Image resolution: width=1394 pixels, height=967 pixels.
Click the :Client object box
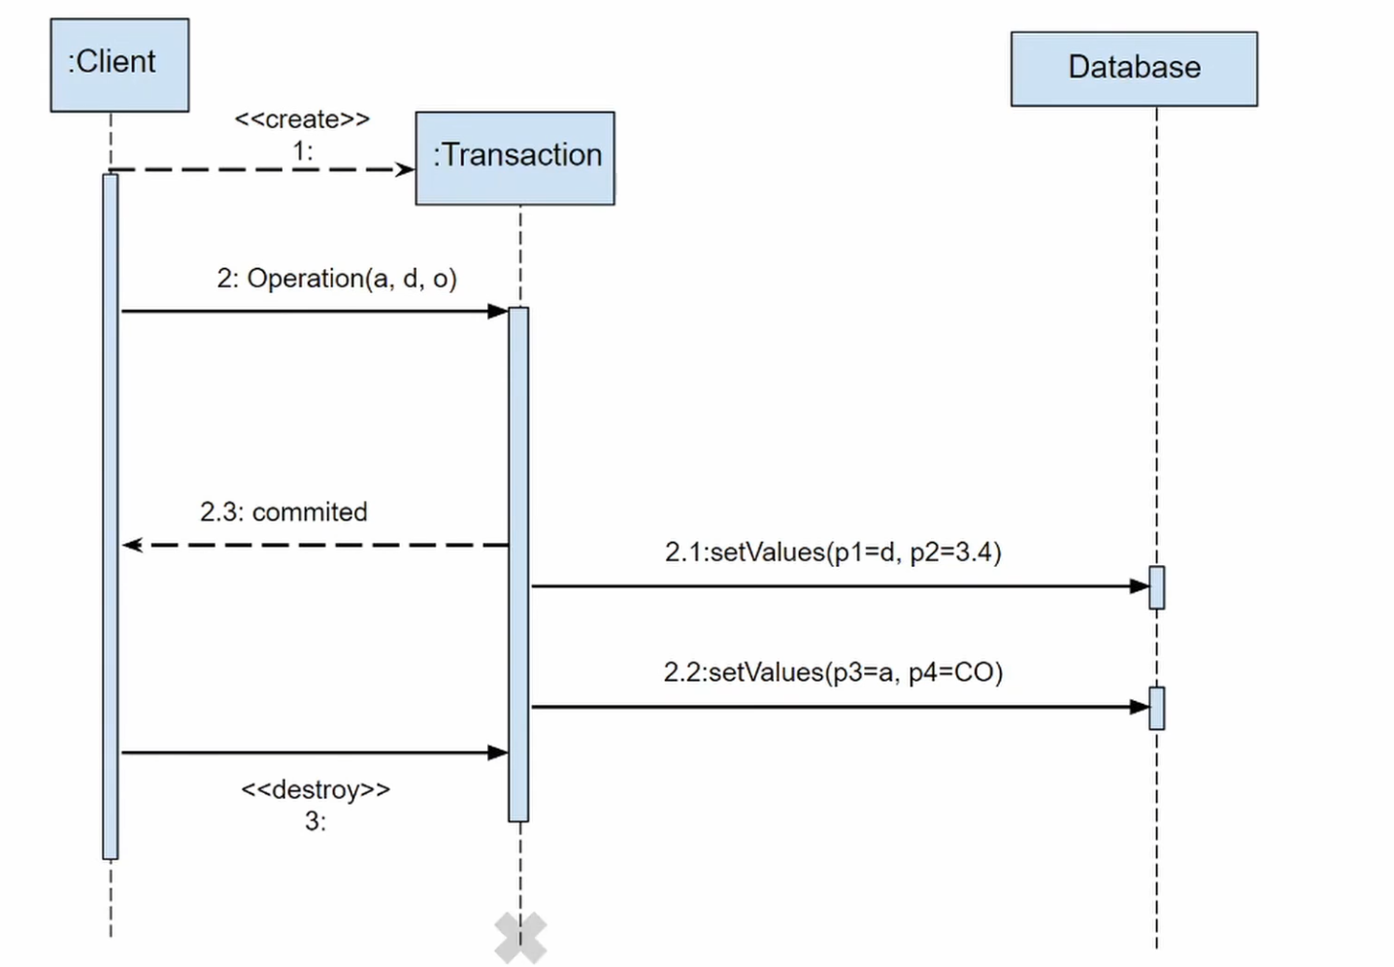pos(119,64)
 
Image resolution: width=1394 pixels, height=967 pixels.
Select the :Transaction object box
pos(514,157)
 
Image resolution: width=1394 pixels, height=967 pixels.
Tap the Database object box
pos(1133,68)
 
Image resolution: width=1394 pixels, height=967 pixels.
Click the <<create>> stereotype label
pos(302,119)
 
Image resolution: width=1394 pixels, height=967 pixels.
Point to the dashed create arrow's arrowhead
pos(405,170)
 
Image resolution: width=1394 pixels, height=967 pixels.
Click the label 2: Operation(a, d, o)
pos(336,279)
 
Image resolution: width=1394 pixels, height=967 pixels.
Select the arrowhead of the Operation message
pos(498,312)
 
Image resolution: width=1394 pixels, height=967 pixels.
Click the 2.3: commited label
pos(283,512)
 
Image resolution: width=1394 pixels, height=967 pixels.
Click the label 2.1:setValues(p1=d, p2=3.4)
pos(832,552)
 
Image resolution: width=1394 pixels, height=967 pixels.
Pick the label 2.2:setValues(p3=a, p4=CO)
pos(832,672)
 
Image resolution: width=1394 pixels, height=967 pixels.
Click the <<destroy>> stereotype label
pos(315,789)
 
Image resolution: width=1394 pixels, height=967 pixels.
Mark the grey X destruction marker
pos(520,938)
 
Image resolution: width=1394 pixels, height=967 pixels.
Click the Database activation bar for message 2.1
pos(1156,587)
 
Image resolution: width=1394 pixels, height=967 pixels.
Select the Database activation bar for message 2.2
pos(1156,708)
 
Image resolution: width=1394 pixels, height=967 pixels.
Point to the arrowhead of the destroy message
pos(498,752)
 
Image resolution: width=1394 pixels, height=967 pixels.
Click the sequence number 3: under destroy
pos(315,821)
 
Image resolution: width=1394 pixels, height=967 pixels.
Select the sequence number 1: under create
pos(303,151)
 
